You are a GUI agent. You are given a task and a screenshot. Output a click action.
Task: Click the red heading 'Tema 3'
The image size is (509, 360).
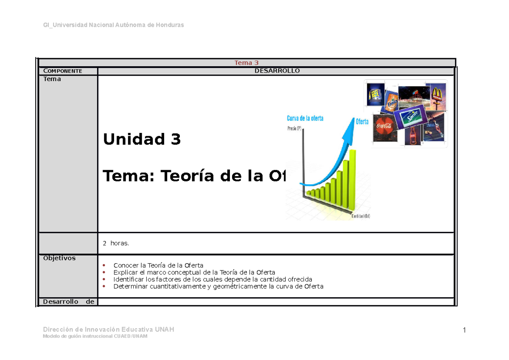pos(246,63)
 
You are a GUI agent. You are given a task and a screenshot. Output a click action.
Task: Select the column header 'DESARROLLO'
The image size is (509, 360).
pos(277,71)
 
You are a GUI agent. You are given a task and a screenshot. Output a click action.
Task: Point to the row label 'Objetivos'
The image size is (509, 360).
pos(59,258)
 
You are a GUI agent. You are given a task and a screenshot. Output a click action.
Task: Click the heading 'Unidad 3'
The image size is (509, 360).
pos(142,139)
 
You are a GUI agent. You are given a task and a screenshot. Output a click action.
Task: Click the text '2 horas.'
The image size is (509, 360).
pos(115,243)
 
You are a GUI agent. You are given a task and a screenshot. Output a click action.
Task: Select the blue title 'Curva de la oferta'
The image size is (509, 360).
pos(305,118)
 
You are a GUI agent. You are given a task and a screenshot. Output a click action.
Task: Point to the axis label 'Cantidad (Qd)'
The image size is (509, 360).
pos(361,216)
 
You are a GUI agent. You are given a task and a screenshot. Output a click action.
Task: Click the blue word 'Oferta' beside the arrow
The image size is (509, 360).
pos(362,122)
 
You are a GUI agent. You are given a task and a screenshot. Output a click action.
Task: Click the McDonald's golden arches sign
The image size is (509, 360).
pos(436,94)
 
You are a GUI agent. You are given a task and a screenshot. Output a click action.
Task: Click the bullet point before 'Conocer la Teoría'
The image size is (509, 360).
pos(105,266)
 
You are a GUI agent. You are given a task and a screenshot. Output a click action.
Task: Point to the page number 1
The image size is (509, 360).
pos(464,330)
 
